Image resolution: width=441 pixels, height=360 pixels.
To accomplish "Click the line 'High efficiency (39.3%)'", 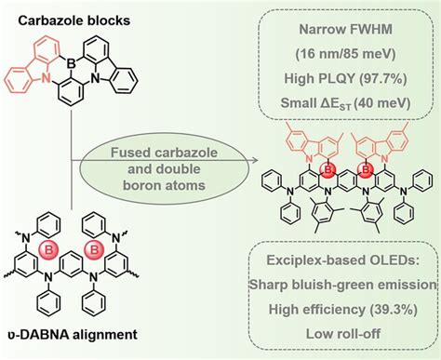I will click(344, 309).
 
